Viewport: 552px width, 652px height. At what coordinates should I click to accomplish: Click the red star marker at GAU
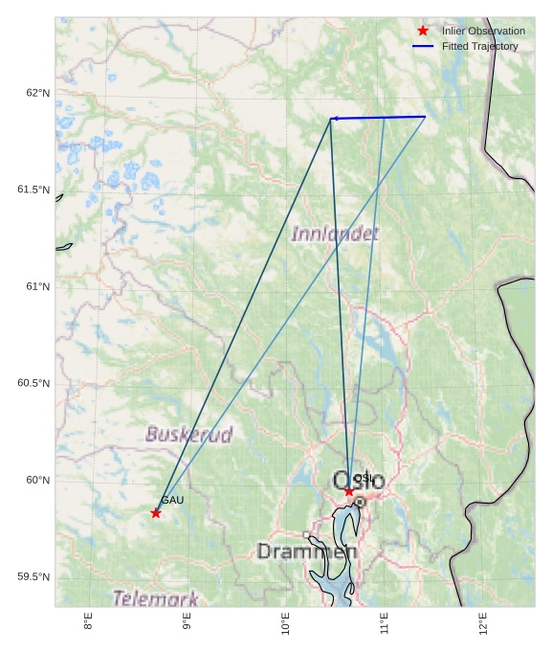[x=156, y=513]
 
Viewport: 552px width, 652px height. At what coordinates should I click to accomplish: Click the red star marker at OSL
[x=349, y=491]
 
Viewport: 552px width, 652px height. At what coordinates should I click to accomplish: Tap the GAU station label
[x=172, y=500]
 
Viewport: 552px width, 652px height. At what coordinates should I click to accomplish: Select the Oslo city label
[x=358, y=481]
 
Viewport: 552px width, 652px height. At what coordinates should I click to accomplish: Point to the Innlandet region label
[x=335, y=234]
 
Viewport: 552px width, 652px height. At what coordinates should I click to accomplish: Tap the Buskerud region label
[x=189, y=435]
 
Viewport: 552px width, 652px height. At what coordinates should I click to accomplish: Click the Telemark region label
[x=156, y=598]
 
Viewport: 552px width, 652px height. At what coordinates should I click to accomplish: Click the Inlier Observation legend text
[x=483, y=31]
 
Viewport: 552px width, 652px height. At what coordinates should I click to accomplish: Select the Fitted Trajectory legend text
[x=479, y=46]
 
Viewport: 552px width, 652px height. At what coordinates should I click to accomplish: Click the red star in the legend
[x=423, y=31]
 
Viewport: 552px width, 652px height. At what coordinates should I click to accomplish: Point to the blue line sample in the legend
[x=423, y=46]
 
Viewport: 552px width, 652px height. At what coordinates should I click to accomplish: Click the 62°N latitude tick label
[x=37, y=93]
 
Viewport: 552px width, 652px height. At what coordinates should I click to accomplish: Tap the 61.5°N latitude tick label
[x=33, y=190]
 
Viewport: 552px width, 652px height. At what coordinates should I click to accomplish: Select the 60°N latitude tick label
[x=37, y=480]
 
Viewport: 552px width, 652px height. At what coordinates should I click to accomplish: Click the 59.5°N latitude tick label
[x=33, y=576]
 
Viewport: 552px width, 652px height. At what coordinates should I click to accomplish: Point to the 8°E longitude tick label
[x=88, y=622]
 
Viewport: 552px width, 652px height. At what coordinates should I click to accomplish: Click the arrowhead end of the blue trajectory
[x=332, y=119]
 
